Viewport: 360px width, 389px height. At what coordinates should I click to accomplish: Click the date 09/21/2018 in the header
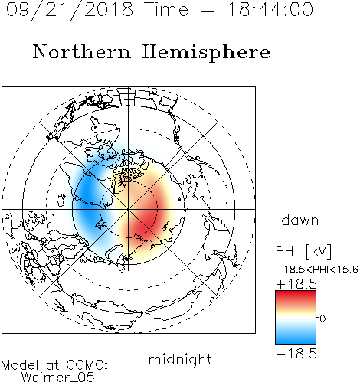point(70,10)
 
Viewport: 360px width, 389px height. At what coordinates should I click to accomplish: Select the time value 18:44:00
point(270,9)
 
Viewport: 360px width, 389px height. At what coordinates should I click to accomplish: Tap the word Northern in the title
point(82,51)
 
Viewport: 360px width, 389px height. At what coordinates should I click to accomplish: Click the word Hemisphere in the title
point(206,53)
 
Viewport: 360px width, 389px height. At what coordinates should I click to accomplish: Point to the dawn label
point(300,220)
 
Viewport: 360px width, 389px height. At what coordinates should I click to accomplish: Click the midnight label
point(180,359)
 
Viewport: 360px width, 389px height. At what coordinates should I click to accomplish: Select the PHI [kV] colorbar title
point(303,251)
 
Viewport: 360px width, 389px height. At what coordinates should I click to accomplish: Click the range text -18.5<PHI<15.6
point(317,270)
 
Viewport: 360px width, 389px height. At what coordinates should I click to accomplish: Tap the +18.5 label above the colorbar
point(296,284)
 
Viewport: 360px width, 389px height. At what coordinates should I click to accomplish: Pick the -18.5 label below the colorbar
point(296,354)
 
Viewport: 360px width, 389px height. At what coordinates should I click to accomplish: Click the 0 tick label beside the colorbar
point(322,319)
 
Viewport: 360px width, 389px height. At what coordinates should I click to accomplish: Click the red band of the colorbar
point(296,297)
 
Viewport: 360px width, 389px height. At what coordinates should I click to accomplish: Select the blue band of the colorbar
point(296,337)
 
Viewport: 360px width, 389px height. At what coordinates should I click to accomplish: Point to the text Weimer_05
point(58,378)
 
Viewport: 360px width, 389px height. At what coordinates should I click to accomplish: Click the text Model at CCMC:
point(54,365)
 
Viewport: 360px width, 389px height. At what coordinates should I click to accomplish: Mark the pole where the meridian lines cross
point(129,209)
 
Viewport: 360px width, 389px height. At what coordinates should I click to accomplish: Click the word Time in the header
point(166,9)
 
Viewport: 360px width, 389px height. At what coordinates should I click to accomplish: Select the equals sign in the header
point(208,10)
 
